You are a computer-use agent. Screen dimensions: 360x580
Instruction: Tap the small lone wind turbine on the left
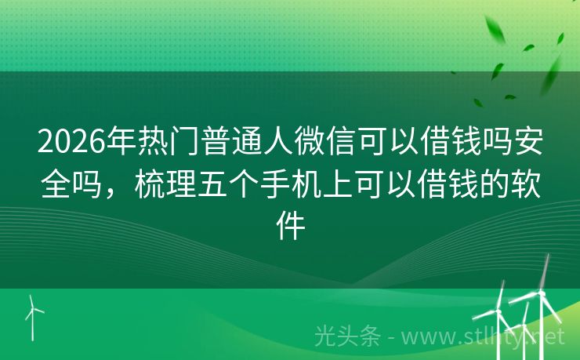[33, 314]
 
